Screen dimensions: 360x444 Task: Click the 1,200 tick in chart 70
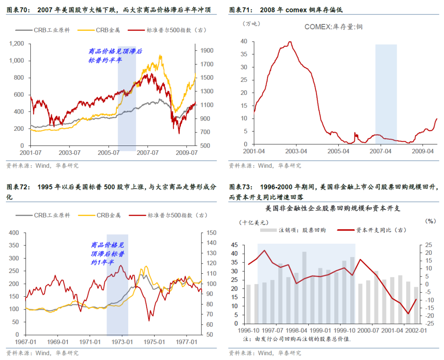click(x=17, y=44)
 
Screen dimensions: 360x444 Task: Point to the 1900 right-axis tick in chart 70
click(x=206, y=51)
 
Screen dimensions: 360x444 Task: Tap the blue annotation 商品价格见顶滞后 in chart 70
click(x=115, y=51)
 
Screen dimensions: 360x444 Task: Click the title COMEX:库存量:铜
click(x=333, y=27)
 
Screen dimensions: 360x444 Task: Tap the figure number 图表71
click(x=239, y=9)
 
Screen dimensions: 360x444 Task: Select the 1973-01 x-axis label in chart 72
click(x=122, y=342)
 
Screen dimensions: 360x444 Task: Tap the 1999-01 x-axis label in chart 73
click(x=321, y=330)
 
